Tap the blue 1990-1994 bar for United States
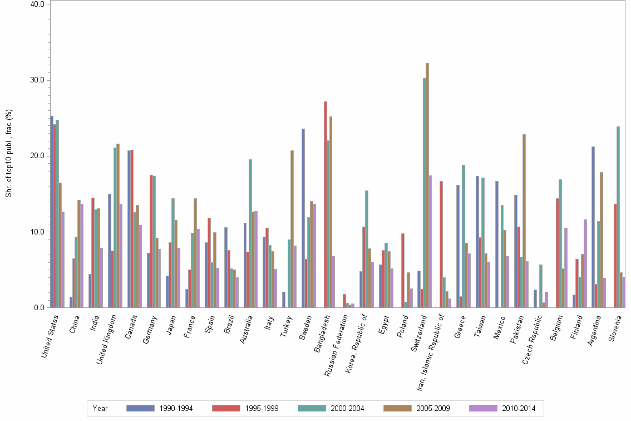pyautogui.click(x=52, y=212)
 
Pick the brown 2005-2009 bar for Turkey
pyautogui.click(x=292, y=229)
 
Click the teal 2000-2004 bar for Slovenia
pyautogui.click(x=618, y=217)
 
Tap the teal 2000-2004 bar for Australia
pyautogui.click(x=250, y=233)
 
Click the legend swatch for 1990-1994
pyautogui.click(x=140, y=408)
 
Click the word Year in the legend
pyautogui.click(x=101, y=409)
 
